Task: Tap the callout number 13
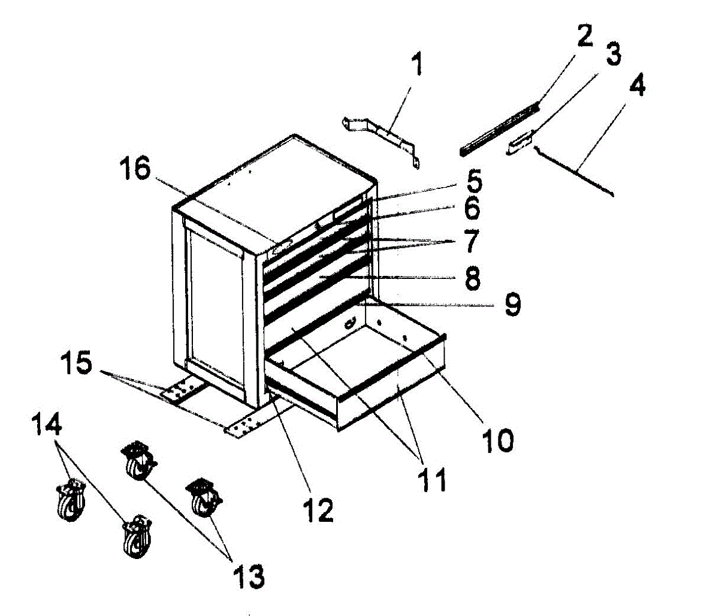(248, 576)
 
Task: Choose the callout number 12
(317, 509)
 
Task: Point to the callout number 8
(473, 279)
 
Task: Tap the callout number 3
(611, 56)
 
